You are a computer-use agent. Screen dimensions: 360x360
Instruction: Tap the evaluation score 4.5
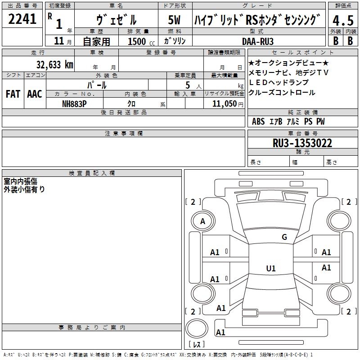pos(343,20)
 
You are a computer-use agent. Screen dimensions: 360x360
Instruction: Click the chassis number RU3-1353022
pos(302,143)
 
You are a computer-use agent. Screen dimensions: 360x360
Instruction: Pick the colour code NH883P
pos(74,103)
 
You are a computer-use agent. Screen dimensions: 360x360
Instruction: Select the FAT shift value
pos(13,94)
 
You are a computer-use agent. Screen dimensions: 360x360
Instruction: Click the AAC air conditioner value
pos(34,94)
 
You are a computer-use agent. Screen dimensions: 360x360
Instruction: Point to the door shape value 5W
pos(174,20)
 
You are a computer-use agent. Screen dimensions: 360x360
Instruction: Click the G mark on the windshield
pos(284,237)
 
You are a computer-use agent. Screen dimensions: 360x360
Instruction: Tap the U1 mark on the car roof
pos(271,268)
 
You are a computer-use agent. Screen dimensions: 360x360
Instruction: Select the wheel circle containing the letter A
pos(202,221)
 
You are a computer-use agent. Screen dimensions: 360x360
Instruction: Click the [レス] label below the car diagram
pos(196,344)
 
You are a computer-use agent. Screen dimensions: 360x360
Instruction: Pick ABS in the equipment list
pos(258,121)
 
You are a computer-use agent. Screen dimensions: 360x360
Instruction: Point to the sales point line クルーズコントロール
pos(282,93)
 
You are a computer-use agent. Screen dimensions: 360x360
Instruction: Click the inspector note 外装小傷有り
pos(24,189)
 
